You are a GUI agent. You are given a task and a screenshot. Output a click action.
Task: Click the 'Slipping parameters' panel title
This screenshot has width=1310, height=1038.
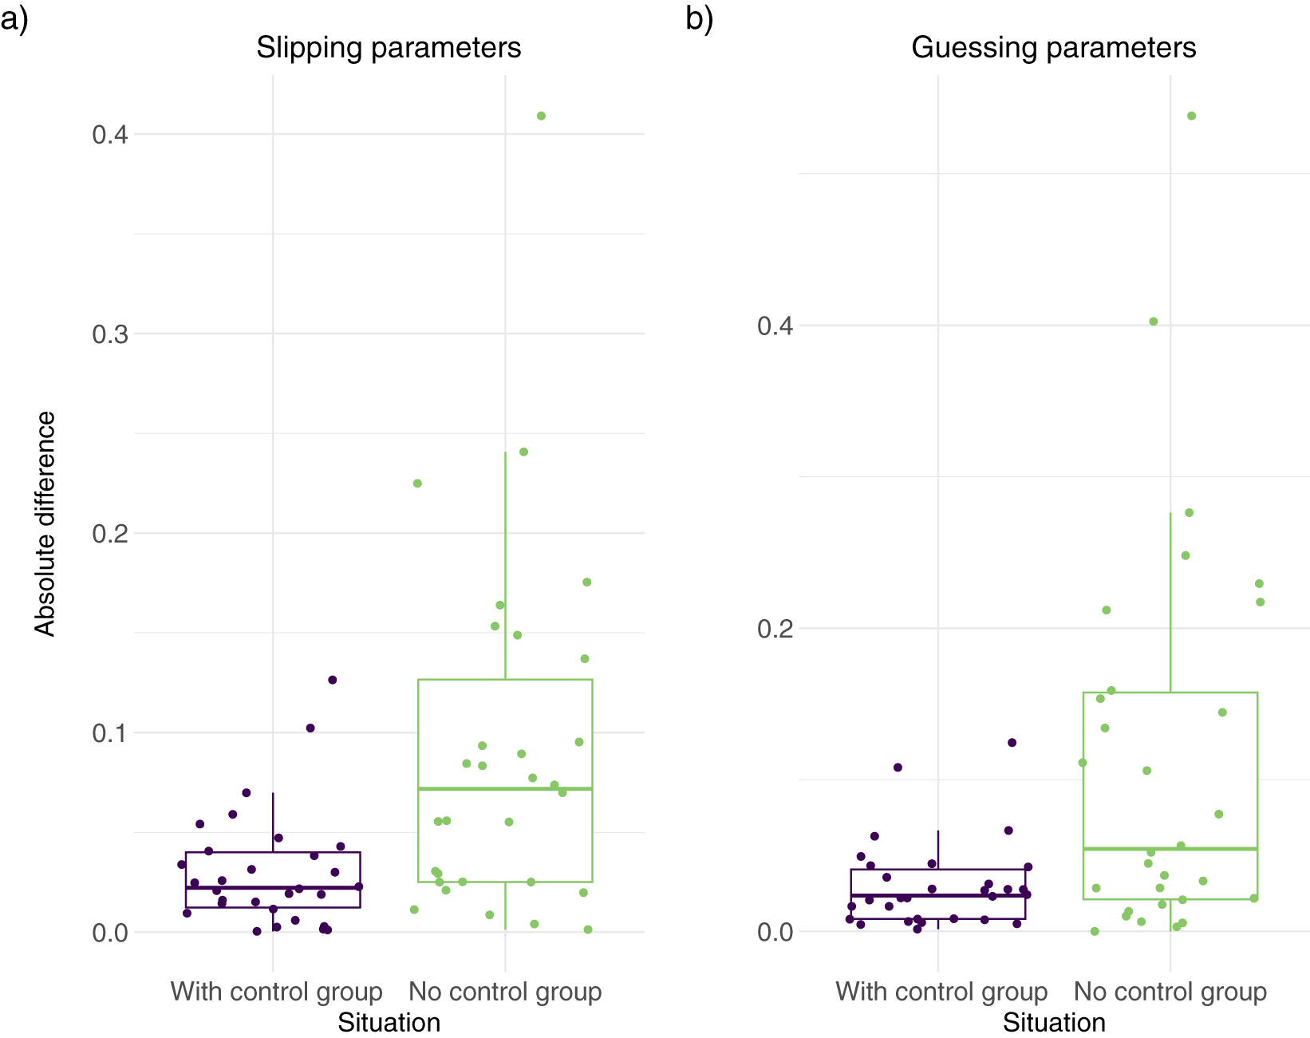tap(389, 48)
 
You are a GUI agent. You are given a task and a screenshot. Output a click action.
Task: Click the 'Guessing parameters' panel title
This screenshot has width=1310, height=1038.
tap(1054, 48)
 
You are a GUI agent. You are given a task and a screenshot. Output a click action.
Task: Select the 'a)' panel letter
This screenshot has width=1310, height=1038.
tap(14, 19)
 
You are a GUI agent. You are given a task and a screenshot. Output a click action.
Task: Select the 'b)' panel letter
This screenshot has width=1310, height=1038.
tap(700, 19)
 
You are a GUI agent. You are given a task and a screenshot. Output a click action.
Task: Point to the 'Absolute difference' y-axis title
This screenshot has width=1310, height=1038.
tap(45, 524)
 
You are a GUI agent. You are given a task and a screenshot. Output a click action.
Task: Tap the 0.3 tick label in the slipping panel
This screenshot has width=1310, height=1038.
tap(110, 334)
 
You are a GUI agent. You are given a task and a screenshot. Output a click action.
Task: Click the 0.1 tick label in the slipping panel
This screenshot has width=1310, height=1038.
tap(110, 733)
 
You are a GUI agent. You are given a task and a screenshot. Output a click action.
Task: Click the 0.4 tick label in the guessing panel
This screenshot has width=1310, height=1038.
tap(775, 326)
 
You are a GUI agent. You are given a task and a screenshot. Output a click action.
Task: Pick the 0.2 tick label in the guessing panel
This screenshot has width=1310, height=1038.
tap(775, 629)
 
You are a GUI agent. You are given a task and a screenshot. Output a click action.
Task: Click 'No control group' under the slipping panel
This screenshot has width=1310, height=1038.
tap(505, 992)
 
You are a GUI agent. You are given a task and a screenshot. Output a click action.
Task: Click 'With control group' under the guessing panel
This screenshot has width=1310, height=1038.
tap(941, 993)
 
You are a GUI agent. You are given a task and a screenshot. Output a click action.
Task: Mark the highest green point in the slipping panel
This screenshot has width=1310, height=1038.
tap(541, 116)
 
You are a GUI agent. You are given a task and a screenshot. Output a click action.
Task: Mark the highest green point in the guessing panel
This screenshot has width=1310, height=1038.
tap(1191, 116)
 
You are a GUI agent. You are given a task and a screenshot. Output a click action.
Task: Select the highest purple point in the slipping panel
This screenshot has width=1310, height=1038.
tap(333, 680)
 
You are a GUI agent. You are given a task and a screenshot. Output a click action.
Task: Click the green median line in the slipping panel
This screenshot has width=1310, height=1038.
tap(505, 789)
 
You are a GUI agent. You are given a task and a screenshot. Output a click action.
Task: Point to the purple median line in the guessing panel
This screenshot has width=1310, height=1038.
tap(938, 895)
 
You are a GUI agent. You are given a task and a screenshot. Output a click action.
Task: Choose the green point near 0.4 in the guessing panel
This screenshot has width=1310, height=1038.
tap(1154, 322)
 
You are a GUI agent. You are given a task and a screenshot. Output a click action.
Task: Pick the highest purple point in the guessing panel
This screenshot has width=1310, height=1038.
tap(1012, 743)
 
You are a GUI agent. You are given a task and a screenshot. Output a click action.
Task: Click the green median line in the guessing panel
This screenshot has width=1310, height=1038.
tap(1170, 849)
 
